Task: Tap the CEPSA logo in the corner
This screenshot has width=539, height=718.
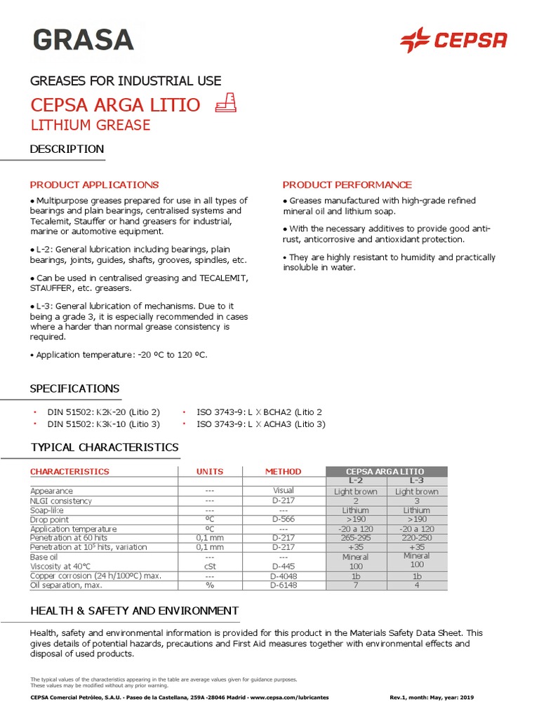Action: [x=453, y=40]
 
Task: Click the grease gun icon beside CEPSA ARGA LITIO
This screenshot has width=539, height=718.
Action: [x=227, y=104]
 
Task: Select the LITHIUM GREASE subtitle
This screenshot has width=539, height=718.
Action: [x=90, y=126]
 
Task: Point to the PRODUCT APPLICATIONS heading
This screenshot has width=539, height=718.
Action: [x=94, y=185]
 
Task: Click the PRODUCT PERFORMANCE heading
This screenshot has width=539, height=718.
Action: [x=347, y=185]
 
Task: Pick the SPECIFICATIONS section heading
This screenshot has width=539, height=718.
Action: [x=74, y=389]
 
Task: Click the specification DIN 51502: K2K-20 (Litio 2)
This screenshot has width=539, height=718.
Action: [x=103, y=412]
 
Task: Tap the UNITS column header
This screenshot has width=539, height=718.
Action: [x=210, y=472]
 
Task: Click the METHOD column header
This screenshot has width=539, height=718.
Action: [x=283, y=472]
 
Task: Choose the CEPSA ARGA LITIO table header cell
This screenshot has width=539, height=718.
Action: [x=386, y=471]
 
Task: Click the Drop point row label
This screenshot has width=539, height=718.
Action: [x=50, y=520]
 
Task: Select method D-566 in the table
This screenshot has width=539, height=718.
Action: [x=284, y=520]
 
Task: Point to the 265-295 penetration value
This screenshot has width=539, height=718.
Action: [x=356, y=538]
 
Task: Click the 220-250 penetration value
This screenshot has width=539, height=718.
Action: [x=417, y=538]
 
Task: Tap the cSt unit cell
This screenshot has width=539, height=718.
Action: [x=210, y=566]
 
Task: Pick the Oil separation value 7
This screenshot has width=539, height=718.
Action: [x=356, y=585]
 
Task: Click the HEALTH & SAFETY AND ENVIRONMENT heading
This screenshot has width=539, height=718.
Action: [x=134, y=611]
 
